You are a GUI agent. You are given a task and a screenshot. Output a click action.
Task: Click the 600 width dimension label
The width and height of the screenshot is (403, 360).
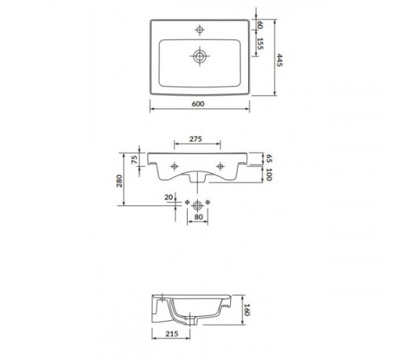point(198,104)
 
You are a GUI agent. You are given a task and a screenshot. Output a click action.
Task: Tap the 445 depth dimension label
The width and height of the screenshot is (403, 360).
point(279,60)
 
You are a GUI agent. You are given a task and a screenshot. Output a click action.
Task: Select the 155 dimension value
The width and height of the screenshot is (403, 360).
point(260,44)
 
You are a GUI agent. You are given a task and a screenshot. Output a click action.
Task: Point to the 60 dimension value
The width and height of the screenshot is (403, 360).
point(260,25)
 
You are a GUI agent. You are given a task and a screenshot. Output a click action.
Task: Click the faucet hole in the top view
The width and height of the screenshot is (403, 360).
point(200,30)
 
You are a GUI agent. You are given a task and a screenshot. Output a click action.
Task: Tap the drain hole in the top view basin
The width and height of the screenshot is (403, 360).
point(200,56)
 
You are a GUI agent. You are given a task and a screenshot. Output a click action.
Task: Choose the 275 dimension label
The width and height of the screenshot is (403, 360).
point(196,139)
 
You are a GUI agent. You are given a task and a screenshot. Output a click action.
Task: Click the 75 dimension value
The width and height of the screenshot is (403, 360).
point(135,160)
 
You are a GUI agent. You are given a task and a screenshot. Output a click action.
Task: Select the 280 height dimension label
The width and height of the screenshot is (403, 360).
point(119,181)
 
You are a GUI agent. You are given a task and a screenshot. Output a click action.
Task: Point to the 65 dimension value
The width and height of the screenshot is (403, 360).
point(268,158)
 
